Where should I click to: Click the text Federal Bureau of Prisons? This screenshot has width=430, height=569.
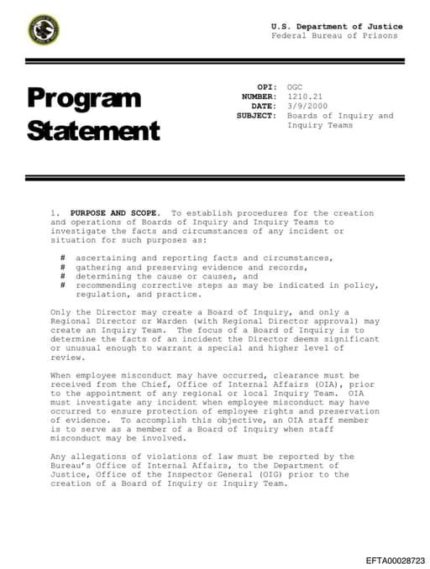pos(334,36)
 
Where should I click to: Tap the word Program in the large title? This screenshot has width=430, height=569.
pos(84,98)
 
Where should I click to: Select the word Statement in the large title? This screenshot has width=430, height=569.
pos(93,131)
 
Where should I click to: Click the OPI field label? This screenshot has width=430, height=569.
pos(266,87)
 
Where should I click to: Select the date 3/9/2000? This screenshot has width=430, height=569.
pos(304,107)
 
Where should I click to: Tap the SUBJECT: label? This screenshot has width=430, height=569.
pos(256,116)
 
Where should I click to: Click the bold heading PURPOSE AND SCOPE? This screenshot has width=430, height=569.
pos(117,213)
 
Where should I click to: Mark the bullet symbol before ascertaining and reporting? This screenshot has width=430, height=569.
pos(63,258)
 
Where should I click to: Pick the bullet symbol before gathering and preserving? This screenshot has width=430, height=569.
pos(63,267)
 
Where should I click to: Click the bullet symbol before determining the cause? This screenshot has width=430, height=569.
pos(63,276)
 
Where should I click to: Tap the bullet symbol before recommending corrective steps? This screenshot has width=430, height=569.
pos(63,285)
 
